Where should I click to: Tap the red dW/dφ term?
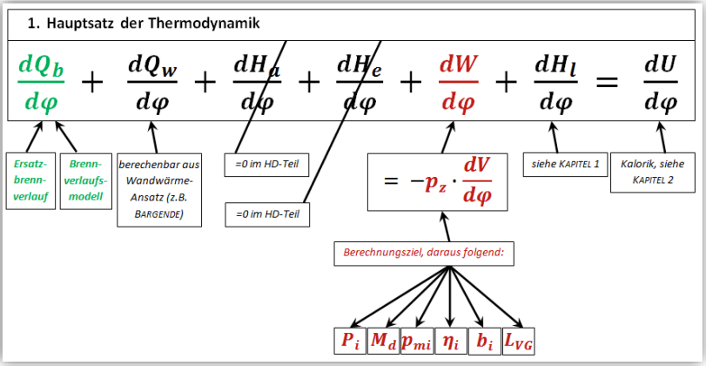(460, 84)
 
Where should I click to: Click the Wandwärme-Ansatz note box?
(159, 189)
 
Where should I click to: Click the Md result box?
(383, 341)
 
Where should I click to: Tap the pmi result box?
(416, 341)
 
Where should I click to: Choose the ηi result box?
(450, 341)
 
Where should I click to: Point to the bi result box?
(484, 341)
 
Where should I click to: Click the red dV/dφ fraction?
(478, 181)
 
